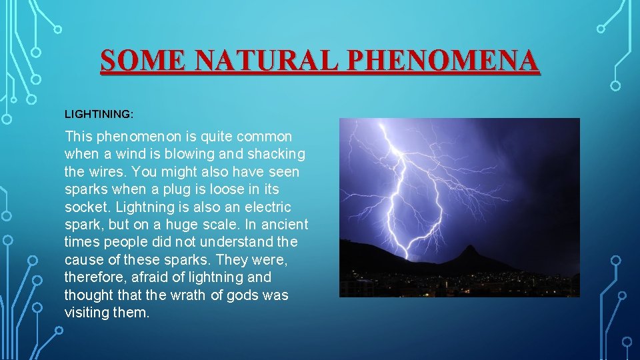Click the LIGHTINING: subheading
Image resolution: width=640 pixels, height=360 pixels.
coord(99,115)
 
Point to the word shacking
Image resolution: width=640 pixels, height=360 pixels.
coord(276,154)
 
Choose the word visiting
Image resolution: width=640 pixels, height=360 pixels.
coord(88,312)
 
